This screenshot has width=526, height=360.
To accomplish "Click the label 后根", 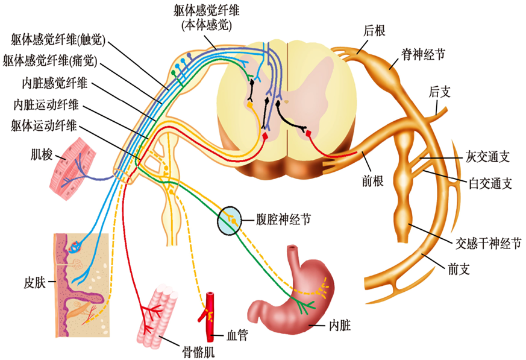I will tap(375, 29).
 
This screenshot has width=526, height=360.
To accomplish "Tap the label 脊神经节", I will tap(423, 54).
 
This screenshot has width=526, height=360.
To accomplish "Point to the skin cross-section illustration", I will tap(81, 277).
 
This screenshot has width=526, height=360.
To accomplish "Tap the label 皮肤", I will tap(36, 281).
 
